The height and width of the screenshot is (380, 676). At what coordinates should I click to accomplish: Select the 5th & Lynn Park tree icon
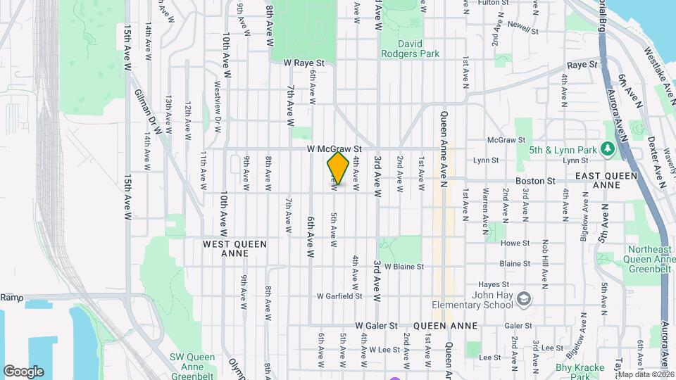click(x=606, y=148)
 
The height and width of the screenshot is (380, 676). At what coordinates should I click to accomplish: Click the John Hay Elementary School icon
click(x=523, y=300)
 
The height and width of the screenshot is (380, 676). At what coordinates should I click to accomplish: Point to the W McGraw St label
click(x=334, y=149)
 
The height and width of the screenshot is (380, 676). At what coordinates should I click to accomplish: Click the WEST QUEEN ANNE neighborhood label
click(x=234, y=248)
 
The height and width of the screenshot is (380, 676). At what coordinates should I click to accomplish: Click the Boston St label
click(x=535, y=181)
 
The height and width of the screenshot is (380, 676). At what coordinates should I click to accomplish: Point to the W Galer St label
click(x=377, y=326)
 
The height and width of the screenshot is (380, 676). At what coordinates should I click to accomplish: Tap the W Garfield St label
click(x=339, y=296)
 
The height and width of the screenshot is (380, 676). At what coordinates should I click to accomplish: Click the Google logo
click(x=23, y=371)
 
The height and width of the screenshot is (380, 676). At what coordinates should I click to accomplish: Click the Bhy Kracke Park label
click(x=580, y=367)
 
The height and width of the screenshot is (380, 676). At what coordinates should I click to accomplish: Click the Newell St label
click(x=522, y=31)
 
